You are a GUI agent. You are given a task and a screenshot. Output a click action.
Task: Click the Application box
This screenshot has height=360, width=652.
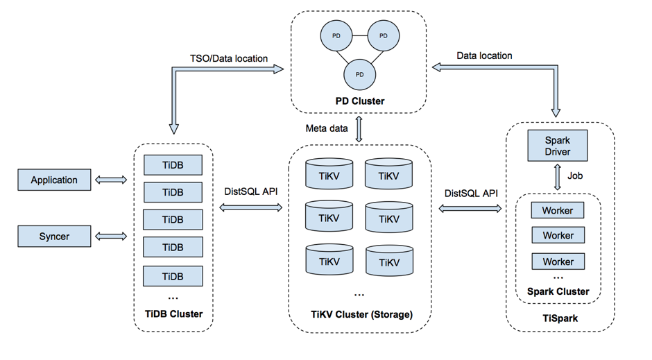54,180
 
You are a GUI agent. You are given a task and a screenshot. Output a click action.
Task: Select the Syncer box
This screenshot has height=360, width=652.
54,237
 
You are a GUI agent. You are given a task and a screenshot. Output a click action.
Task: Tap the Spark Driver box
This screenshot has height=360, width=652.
558,145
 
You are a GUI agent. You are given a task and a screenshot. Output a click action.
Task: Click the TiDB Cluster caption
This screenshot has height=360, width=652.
173,314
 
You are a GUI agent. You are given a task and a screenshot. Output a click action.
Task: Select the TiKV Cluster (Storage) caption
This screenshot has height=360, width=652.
361,314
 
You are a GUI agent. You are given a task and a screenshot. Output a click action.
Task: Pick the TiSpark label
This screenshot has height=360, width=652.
560,318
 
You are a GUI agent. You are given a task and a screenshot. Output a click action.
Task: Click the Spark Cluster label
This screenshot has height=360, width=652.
558,291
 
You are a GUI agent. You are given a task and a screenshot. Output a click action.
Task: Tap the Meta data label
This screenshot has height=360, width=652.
327,128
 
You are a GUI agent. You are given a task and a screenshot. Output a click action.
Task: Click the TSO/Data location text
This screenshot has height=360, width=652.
229,58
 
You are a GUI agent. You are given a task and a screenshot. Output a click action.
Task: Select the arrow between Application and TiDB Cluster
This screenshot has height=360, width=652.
112,180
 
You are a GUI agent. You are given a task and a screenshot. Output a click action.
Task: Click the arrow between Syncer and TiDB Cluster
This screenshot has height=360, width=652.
112,237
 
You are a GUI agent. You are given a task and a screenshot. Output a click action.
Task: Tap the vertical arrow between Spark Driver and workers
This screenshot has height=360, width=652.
558,178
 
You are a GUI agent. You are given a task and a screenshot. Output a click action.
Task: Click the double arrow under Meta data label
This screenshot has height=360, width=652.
359,129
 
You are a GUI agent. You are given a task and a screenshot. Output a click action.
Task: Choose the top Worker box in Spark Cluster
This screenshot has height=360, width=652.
558,209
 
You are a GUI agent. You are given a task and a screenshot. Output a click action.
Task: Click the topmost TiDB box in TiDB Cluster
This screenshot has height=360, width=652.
173,164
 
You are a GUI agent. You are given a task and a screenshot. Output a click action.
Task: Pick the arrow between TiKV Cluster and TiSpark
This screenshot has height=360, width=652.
470,207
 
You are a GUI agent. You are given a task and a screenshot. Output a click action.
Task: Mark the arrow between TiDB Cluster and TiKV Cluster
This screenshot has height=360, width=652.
250,207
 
